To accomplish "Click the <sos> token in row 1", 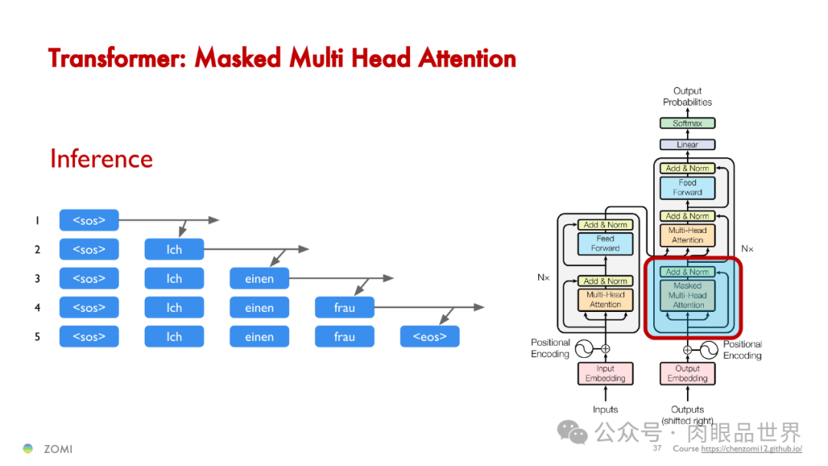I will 89,221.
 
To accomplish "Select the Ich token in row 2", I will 174,250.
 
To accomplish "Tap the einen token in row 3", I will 259,279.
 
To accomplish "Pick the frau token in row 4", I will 344,308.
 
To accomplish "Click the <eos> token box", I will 429,337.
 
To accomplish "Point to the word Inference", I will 101,159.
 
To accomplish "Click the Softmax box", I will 687,123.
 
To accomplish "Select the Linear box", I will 687,145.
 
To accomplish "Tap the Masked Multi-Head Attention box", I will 687,296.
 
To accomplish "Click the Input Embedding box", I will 605,373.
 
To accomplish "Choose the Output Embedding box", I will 687,373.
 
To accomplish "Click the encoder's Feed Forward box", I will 605,244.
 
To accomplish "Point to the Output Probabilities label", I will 687,97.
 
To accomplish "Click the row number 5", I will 37,337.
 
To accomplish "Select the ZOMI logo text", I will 58,449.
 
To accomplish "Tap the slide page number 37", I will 657,448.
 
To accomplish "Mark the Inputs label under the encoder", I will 605,409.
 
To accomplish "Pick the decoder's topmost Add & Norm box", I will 687,169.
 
